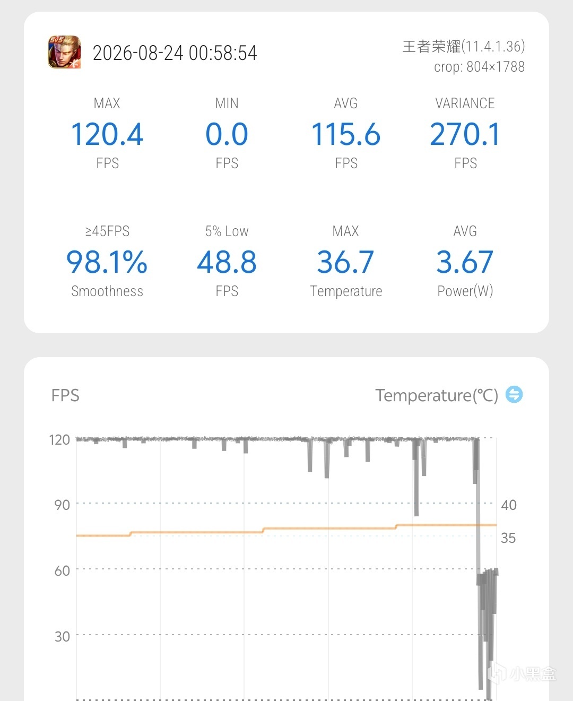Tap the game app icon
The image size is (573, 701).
coord(65,52)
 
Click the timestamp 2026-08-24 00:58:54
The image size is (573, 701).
coord(175,53)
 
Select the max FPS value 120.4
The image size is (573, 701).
coord(107,134)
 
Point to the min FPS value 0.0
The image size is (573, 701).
coord(227,134)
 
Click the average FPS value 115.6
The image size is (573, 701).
coord(346,134)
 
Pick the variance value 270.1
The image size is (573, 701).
coord(465,134)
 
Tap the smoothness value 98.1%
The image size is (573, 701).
coord(107,262)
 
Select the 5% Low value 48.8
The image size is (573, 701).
coord(227,262)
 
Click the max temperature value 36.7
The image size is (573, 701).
coord(346,262)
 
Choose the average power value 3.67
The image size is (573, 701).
coord(465,262)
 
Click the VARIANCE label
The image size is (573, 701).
coord(465,103)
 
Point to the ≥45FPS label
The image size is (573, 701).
coord(107,231)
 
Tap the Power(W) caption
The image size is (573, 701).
coord(465,291)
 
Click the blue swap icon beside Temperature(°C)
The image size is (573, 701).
coord(514,394)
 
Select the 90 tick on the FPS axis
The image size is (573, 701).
coord(62,505)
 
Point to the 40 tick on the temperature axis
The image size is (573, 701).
coord(509,505)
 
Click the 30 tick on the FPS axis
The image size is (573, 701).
coord(62,636)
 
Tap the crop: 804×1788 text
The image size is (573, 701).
coord(479,67)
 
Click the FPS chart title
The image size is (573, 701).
coord(65,395)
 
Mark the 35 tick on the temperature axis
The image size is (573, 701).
coord(508,538)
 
